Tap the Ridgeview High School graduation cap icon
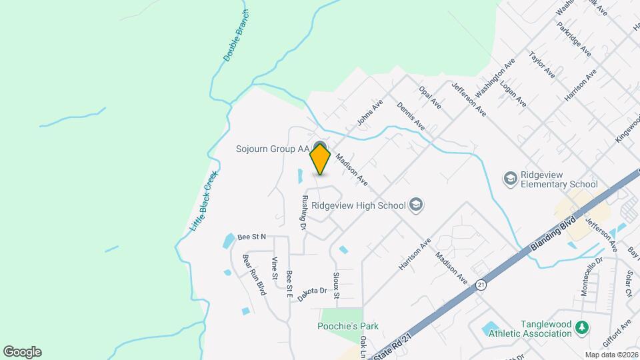point(417,204)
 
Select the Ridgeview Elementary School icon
point(510,178)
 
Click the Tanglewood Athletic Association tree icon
point(582,327)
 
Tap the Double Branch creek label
point(237,37)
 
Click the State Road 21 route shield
point(481,285)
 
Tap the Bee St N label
point(251,237)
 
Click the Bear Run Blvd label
point(254,275)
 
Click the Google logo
point(22,352)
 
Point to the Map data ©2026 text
point(611,355)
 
